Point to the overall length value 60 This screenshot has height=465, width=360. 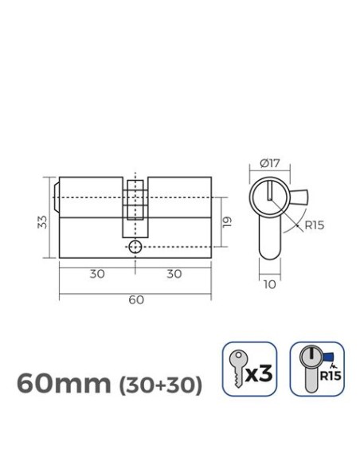(x=135, y=299)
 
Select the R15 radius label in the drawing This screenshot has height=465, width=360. (x=313, y=225)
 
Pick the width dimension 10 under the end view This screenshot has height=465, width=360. (x=271, y=283)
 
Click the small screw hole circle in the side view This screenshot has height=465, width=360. (x=135, y=247)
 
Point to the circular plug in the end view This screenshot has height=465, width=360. (x=270, y=196)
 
